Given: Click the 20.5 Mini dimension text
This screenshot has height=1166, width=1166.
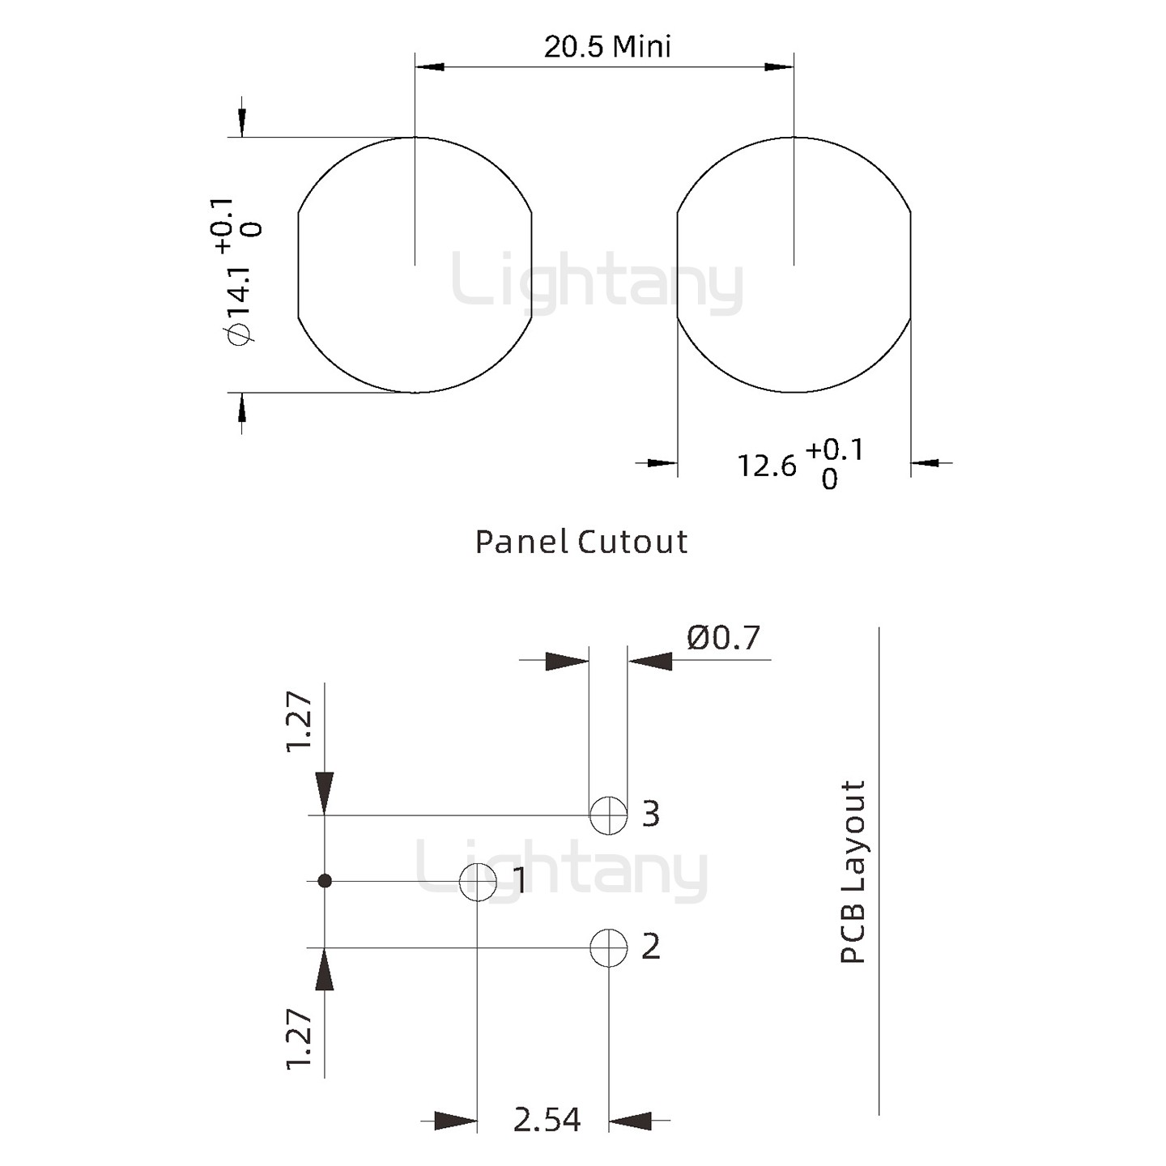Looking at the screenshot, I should [x=607, y=46].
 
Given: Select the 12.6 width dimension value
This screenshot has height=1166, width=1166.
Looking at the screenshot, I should [x=766, y=466].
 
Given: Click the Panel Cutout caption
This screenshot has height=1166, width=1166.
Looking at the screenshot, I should [x=581, y=542].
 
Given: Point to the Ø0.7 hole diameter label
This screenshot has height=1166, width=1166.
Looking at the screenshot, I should [x=723, y=638].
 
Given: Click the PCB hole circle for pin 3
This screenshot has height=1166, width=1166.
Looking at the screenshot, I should [x=608, y=815].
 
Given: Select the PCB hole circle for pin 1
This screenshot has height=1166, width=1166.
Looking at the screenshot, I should [x=478, y=881].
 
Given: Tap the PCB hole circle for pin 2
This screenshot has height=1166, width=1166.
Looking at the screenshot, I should [x=608, y=947].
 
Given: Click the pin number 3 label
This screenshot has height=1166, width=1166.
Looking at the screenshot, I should [x=651, y=814].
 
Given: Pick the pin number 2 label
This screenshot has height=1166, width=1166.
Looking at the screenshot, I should [x=651, y=946].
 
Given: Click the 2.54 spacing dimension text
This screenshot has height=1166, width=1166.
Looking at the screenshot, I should [x=547, y=1120].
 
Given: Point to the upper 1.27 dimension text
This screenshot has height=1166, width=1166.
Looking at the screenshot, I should [x=299, y=721].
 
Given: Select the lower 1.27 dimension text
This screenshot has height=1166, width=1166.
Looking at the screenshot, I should [x=299, y=1039].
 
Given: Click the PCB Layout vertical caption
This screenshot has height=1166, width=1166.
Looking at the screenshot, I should [x=853, y=871].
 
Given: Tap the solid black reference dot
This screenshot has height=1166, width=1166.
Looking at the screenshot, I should [x=325, y=881].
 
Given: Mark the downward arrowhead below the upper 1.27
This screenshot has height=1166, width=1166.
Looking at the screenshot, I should [x=325, y=793].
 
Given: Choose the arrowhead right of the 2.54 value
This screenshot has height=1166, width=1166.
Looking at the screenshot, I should [x=630, y=1121].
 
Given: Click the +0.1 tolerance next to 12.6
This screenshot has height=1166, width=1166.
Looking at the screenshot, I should [x=835, y=449].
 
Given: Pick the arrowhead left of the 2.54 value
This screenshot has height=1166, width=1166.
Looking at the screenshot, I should [x=455, y=1121].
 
